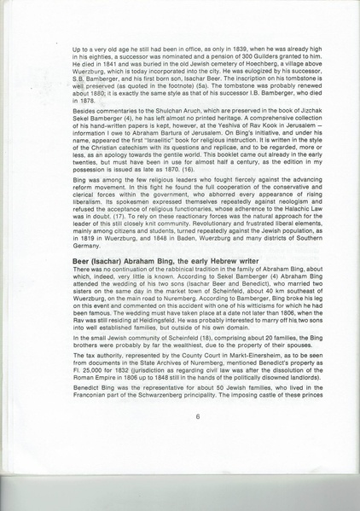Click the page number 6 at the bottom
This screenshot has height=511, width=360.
point(197,416)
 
